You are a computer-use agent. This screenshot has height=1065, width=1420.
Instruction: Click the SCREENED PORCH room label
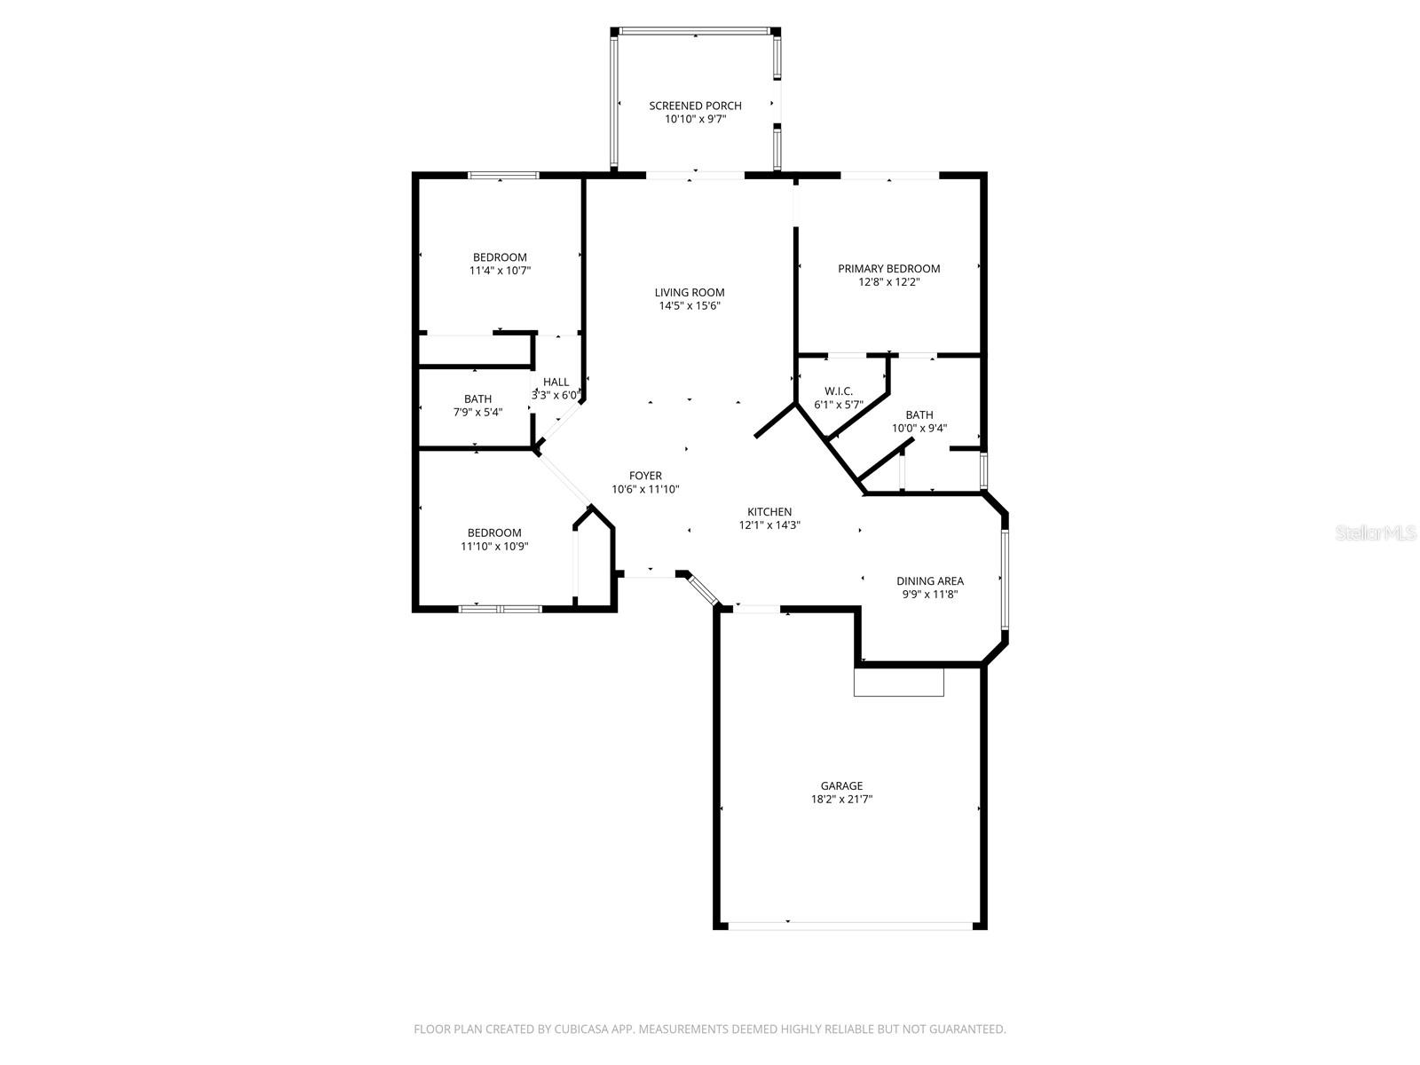(x=695, y=106)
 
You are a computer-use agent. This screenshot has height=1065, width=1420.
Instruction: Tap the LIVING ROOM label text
(x=690, y=292)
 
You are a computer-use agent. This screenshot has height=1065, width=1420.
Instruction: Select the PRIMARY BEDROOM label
(x=888, y=269)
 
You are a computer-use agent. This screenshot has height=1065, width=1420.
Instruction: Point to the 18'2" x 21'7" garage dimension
(x=841, y=799)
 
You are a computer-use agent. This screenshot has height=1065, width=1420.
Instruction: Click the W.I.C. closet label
(x=838, y=391)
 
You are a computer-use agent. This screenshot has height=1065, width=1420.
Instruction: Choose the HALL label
(x=556, y=383)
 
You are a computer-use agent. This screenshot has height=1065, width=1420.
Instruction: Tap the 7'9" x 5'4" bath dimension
(x=477, y=412)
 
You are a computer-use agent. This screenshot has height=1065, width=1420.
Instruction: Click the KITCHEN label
(x=769, y=512)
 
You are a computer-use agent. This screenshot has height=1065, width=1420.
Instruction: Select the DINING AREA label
(x=929, y=581)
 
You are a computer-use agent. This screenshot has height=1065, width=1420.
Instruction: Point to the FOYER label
(x=645, y=476)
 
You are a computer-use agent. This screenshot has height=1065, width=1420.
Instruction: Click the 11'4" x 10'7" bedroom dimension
(x=500, y=271)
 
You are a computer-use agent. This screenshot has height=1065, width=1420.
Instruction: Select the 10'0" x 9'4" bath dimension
(x=919, y=428)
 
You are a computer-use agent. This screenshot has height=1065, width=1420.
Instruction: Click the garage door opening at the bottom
(x=850, y=926)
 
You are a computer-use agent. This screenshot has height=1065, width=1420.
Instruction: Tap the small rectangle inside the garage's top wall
(x=898, y=682)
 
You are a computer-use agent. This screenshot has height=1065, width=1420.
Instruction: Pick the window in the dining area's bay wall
(x=1005, y=579)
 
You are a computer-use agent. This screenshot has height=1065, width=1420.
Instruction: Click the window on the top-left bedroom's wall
(x=503, y=176)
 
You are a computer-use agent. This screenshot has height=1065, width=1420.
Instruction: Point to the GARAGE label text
(x=841, y=785)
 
